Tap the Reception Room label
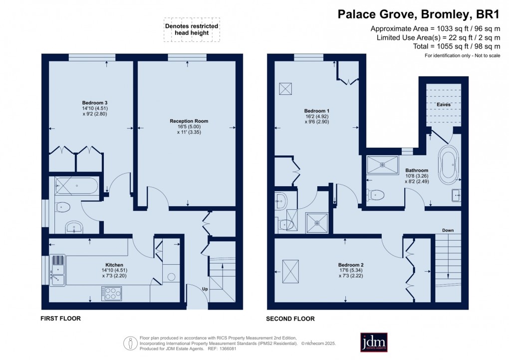[189, 121]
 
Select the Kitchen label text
[114, 265]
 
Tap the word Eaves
[443, 104]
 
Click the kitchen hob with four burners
[111, 293]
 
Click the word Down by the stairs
[448, 230]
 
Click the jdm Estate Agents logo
[374, 342]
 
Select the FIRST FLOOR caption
[60, 318]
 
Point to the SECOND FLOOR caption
[290, 319]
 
